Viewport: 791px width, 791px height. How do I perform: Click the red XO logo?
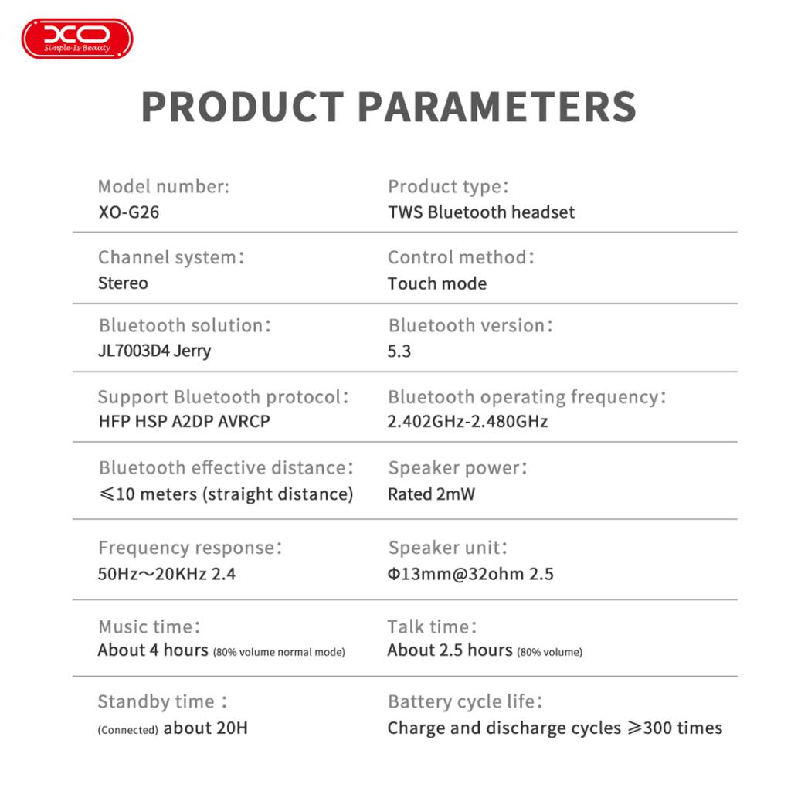point(77,39)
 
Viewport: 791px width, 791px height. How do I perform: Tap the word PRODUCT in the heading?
point(243,107)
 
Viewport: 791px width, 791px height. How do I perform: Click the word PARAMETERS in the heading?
point(497,107)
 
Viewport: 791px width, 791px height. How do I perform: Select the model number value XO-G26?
point(129,212)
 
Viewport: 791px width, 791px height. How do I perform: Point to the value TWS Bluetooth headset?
point(481,212)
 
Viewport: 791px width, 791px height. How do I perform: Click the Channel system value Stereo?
point(123,283)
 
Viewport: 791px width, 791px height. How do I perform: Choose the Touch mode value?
point(437,283)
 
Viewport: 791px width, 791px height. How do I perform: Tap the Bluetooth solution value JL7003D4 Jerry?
point(154,351)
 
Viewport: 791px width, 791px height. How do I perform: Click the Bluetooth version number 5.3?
point(399,351)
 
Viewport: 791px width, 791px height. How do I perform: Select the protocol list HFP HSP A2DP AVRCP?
point(184,421)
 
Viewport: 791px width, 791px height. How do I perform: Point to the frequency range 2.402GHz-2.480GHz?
point(467,421)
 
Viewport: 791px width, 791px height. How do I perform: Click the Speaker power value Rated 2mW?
point(431,494)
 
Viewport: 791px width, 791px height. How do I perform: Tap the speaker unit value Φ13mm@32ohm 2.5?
point(470,574)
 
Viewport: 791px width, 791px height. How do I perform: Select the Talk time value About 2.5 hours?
point(450,650)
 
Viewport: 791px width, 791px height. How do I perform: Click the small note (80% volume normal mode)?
point(279,652)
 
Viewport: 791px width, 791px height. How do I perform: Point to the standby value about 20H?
point(205,728)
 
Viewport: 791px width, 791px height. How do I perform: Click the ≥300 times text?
point(675,728)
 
